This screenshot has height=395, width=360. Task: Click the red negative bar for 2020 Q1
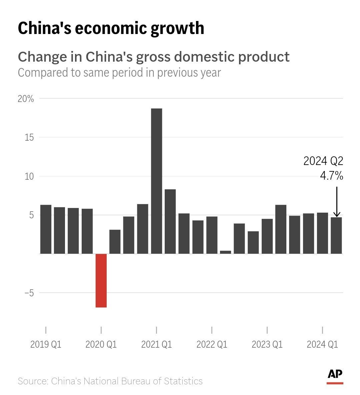(x=101, y=280)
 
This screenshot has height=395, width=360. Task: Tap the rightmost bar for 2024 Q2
(x=336, y=235)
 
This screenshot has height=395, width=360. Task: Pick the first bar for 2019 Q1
(x=46, y=229)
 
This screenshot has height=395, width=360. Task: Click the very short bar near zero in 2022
(x=226, y=252)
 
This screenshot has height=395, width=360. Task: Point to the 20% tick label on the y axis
(x=26, y=99)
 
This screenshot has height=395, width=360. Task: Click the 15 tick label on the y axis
(x=29, y=137)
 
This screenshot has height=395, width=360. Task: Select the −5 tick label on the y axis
(x=29, y=293)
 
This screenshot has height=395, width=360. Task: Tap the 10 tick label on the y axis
(x=29, y=176)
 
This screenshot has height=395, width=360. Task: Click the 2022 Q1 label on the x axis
(x=212, y=344)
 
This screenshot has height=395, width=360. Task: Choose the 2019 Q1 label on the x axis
(x=46, y=344)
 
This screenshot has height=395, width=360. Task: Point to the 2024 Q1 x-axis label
(x=322, y=344)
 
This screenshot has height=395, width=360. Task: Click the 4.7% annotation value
(x=331, y=176)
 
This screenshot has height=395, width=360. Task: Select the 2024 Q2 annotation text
(x=323, y=161)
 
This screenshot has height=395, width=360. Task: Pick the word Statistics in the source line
(x=183, y=381)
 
